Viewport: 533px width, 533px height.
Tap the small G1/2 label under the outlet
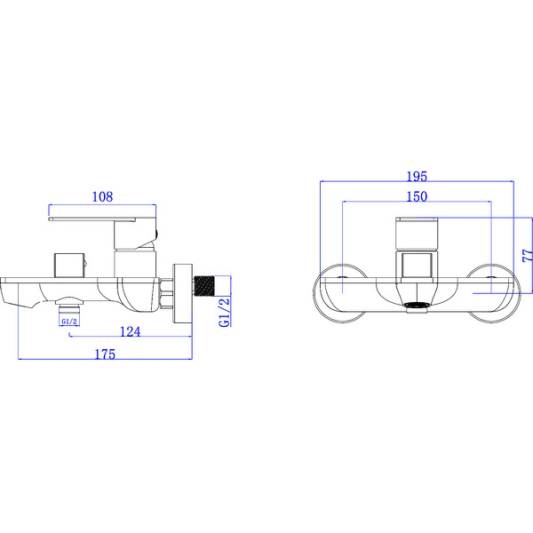(x=68, y=321)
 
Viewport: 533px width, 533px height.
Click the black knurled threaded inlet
(x=206, y=287)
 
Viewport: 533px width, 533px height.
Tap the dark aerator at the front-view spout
(x=416, y=307)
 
